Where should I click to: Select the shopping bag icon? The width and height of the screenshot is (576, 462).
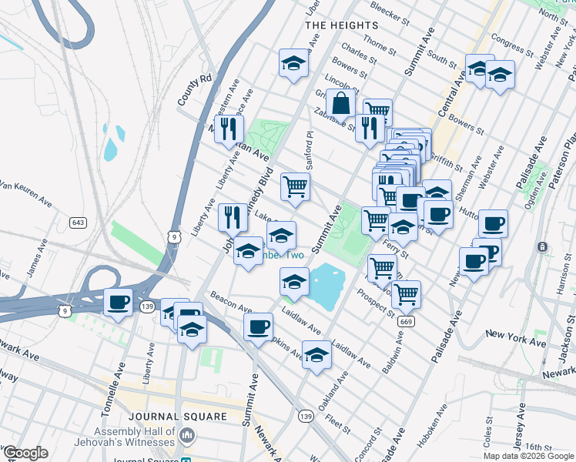click(340, 102)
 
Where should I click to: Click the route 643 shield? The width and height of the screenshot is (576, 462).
click(77, 223)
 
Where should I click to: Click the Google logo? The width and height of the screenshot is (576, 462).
click(25, 453)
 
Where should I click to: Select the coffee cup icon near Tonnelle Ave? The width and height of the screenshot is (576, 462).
click(118, 302)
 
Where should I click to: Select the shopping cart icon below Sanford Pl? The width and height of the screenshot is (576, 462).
click(296, 186)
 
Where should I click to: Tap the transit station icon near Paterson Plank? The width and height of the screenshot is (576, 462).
click(543, 247)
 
